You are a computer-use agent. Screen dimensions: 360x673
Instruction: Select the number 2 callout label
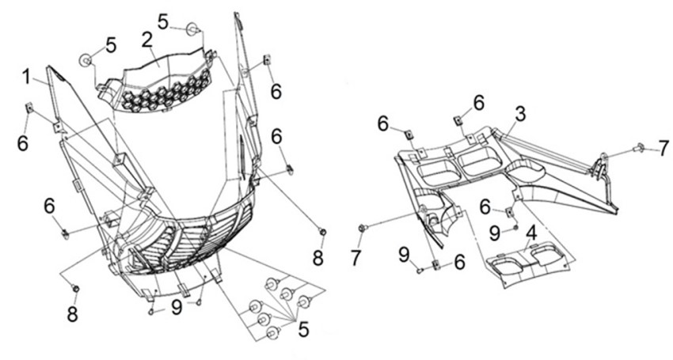point(146,39)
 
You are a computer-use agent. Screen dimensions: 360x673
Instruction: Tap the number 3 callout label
point(519,114)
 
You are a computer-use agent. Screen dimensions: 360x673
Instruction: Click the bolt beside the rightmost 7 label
point(639,146)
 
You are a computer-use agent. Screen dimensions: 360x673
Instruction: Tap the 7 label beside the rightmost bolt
point(663,149)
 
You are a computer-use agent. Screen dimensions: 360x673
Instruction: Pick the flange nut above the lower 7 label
point(362,229)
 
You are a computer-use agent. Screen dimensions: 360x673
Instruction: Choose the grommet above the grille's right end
point(192,30)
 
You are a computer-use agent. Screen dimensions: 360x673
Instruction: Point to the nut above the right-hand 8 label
point(322,230)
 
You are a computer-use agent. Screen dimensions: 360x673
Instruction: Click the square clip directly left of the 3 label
point(458,120)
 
